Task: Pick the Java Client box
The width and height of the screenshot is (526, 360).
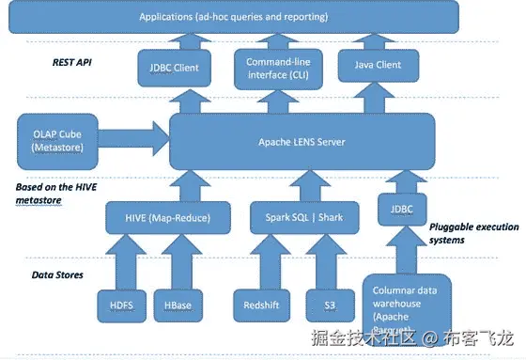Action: point(376,66)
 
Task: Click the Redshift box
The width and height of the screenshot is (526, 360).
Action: point(259,306)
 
